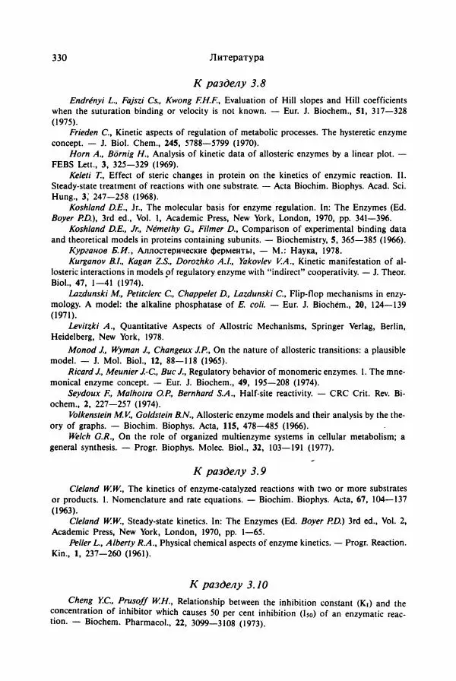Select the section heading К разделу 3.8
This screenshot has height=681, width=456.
pos(229,82)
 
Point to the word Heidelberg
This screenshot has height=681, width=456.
pos(76,336)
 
